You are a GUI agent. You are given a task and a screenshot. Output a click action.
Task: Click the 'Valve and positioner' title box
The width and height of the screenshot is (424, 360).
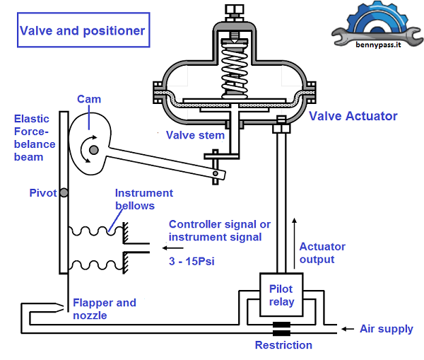82,30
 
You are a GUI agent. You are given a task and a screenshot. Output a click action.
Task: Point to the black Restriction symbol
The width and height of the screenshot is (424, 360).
283,330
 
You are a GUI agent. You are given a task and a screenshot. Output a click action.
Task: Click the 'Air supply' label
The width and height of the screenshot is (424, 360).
386,329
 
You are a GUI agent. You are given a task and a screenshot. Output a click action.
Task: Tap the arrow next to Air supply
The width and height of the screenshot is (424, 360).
346,329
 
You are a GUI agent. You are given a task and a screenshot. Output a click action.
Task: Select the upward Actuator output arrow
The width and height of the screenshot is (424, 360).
295,233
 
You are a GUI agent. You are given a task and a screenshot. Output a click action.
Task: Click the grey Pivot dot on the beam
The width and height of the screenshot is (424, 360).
63,193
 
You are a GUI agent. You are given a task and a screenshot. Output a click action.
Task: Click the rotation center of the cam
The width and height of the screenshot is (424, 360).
90,149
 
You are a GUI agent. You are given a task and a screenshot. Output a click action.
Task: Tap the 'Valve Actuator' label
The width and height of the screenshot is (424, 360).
353,116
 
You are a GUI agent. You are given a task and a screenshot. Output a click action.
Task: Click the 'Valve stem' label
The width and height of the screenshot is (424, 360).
195,135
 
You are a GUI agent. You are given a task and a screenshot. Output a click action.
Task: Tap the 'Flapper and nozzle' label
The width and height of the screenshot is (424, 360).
105,308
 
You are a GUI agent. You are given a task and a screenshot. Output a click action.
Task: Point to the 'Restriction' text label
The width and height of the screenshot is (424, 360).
283,345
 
